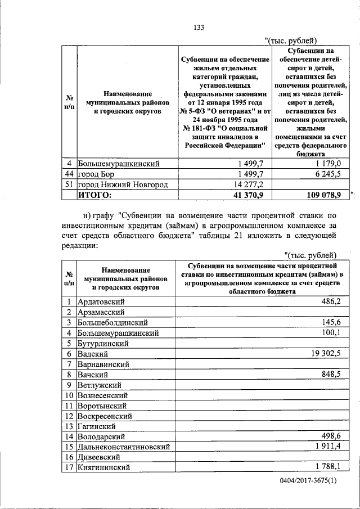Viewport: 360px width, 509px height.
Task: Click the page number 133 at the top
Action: point(197,28)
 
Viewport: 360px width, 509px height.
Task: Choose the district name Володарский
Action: point(101,436)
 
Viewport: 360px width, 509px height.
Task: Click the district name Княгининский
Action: point(104,467)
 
